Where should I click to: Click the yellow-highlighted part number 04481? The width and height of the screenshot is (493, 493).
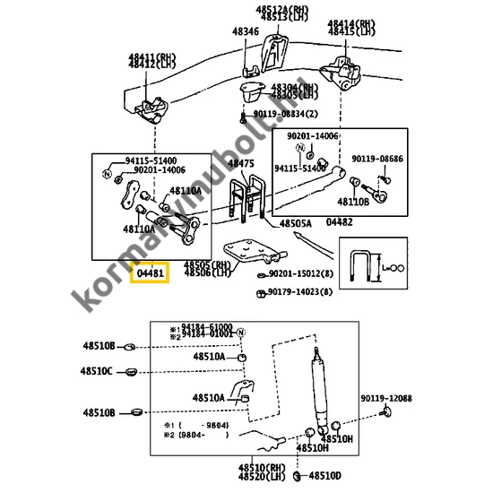[x=150, y=272]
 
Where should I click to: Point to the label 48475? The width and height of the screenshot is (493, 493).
[x=240, y=163]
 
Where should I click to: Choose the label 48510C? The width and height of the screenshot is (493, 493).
[x=96, y=371]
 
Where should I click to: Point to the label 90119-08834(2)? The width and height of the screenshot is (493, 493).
[x=285, y=114]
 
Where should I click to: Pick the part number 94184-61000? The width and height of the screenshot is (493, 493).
[x=207, y=326]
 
